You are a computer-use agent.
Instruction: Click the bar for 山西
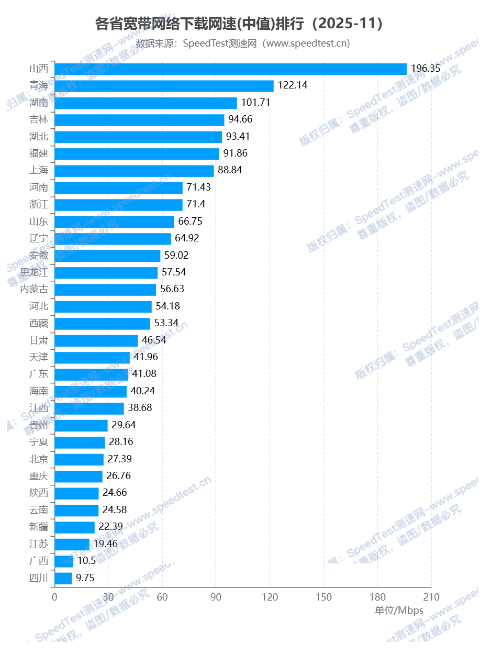(230, 69)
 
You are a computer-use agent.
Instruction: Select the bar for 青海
(164, 86)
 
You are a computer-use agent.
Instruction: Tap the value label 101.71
(255, 103)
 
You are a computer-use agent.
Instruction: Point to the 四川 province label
(39, 578)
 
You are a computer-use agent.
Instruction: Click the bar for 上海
(134, 171)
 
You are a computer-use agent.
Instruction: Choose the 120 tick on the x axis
(270, 597)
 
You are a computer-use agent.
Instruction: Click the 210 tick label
(431, 597)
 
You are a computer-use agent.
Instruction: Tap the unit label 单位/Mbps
(399, 611)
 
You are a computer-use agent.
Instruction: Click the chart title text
(239, 24)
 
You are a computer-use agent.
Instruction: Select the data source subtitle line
(243, 43)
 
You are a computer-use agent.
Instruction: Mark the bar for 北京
(79, 459)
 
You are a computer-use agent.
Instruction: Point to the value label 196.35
(426, 69)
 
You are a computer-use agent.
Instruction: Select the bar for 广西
(64, 561)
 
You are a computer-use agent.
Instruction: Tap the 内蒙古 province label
(34, 289)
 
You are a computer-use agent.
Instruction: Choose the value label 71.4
(197, 204)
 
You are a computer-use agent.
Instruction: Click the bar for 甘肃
(96, 340)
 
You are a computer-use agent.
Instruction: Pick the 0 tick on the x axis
(54, 597)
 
